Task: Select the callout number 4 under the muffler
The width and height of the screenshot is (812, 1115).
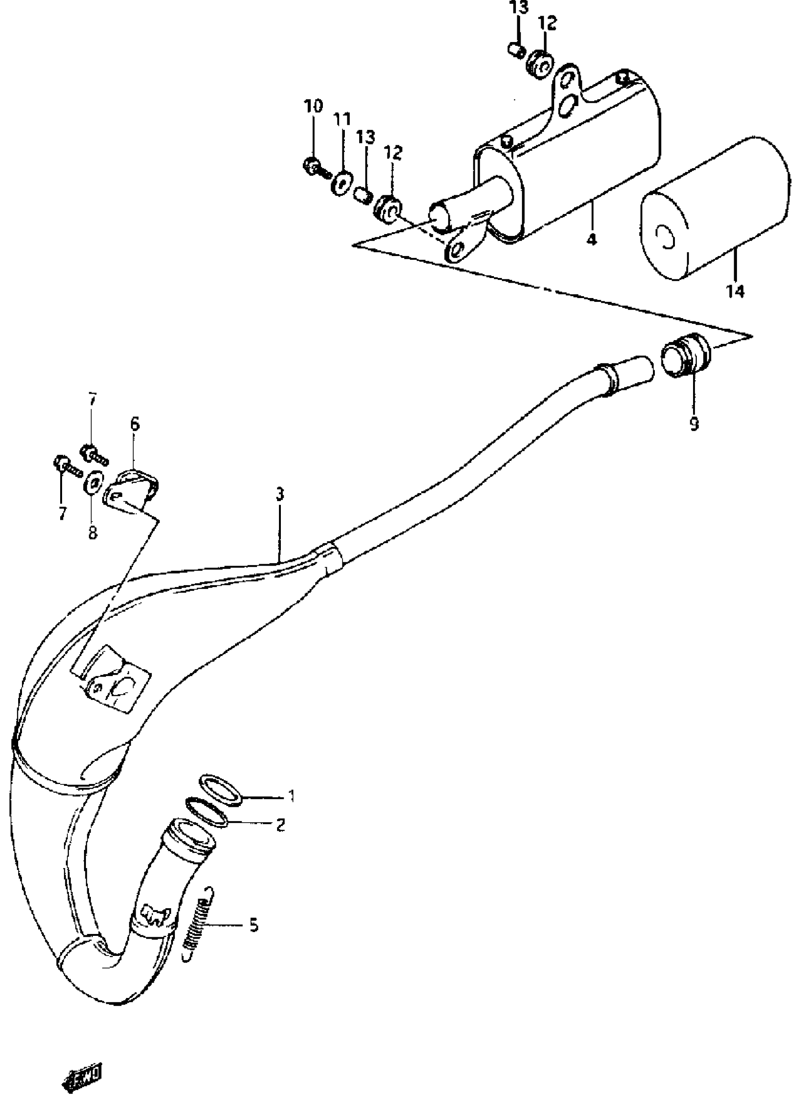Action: (x=592, y=239)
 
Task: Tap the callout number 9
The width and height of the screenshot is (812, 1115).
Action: (x=694, y=423)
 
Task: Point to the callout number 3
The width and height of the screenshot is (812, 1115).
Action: (x=280, y=494)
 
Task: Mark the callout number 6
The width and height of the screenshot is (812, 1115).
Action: (x=135, y=423)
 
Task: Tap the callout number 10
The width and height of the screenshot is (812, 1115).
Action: (x=313, y=106)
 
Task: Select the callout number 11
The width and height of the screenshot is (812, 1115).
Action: (x=342, y=118)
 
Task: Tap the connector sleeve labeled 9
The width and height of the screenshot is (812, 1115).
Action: (x=686, y=362)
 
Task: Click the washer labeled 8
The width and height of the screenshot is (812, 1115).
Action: (x=94, y=482)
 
